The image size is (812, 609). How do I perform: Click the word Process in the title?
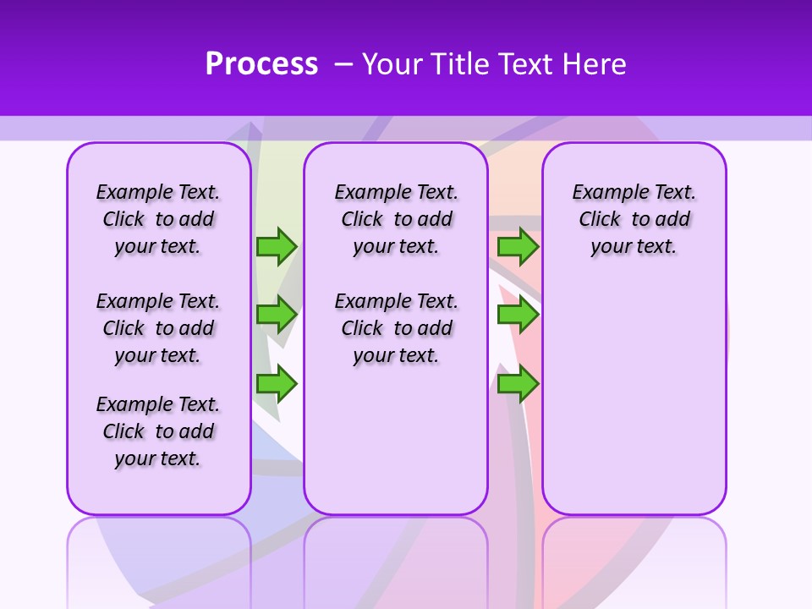tap(261, 64)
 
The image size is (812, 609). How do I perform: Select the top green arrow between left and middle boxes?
tap(277, 247)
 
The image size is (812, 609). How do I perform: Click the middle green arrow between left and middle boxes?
tap(277, 315)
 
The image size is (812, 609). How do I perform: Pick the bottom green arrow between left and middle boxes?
tap(277, 384)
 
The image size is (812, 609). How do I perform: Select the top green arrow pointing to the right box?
tap(518, 247)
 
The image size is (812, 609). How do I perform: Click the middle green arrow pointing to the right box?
tap(518, 315)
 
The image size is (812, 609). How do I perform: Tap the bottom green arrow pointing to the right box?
tap(518, 384)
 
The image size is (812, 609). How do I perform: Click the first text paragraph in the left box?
tap(158, 219)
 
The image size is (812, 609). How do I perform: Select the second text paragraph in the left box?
tap(158, 328)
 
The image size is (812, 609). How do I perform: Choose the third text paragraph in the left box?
tap(158, 431)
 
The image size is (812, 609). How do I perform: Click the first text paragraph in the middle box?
tap(396, 219)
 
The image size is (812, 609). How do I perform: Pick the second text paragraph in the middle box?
tap(396, 328)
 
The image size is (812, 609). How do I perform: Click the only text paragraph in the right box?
tap(634, 219)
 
